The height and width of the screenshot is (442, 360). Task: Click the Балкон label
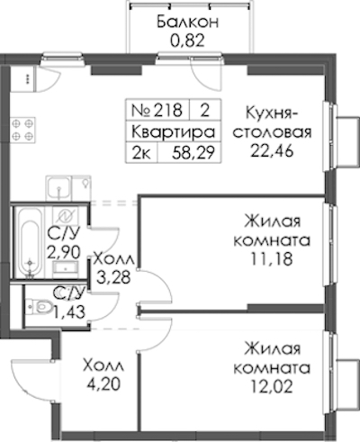(188, 23)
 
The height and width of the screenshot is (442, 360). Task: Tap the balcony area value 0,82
(187, 41)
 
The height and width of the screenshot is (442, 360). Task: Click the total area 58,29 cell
(193, 153)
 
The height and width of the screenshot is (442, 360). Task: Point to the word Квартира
(174, 132)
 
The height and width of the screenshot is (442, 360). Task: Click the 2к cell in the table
(141, 153)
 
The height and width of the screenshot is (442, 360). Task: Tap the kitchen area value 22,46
(272, 151)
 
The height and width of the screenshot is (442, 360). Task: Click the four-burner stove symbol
(22, 130)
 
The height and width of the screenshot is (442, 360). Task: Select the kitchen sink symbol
(59, 188)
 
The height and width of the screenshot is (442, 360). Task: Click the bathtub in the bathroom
(30, 242)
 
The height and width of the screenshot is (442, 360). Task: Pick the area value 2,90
(64, 252)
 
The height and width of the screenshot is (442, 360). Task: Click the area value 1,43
(69, 312)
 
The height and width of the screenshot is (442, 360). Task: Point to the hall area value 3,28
(113, 277)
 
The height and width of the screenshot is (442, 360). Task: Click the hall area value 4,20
(103, 383)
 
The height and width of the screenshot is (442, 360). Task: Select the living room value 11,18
(272, 259)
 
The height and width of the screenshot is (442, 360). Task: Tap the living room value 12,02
(272, 386)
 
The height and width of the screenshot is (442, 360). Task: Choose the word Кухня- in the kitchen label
(272, 114)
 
